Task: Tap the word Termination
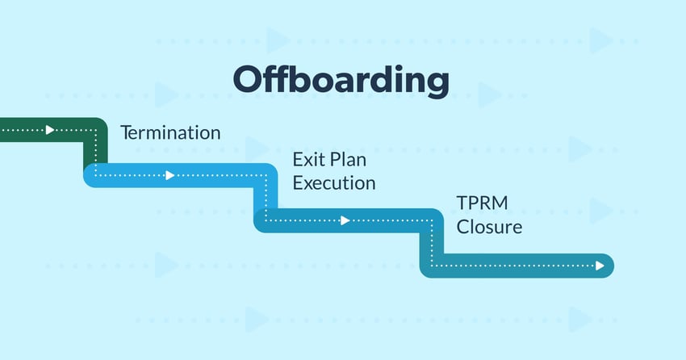tap(170, 132)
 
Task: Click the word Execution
tap(333, 183)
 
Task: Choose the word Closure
tap(488, 227)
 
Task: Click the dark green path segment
tap(32, 129)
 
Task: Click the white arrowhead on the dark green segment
tap(51, 129)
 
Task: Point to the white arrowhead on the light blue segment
tap(169, 175)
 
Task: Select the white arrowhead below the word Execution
tap(345, 220)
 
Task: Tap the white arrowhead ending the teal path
tap(600, 265)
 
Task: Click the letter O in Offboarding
tap(249, 81)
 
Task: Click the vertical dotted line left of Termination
tap(95, 152)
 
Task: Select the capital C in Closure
tap(463, 227)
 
